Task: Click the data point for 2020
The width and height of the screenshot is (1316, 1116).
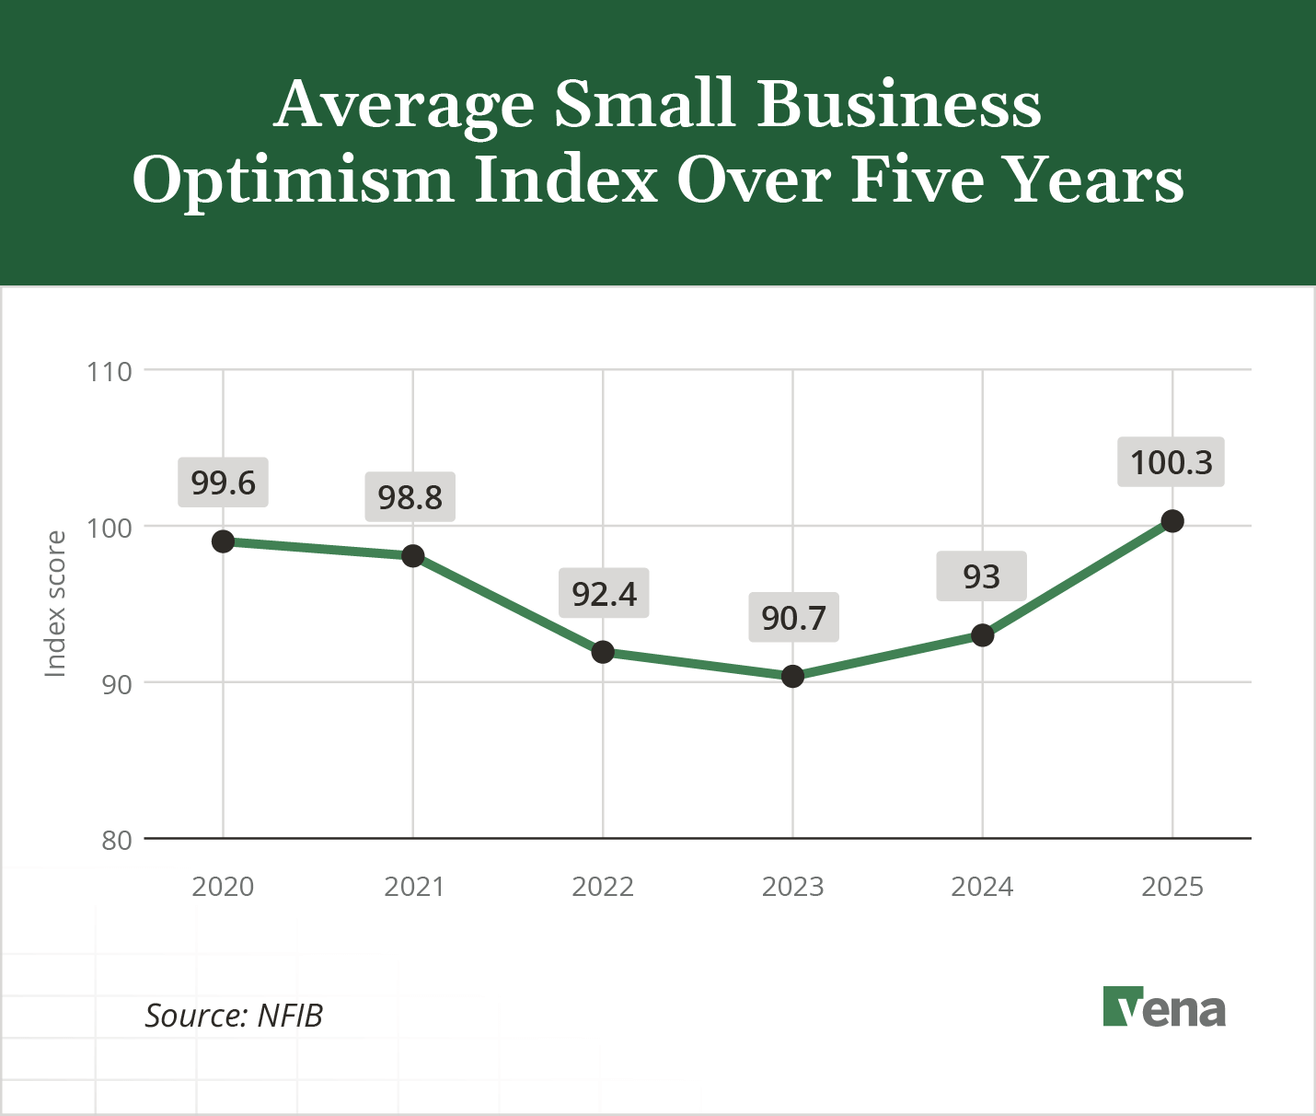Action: click(223, 541)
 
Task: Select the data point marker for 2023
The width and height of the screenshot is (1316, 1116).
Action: click(792, 677)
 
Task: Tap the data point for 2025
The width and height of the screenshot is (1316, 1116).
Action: click(1172, 521)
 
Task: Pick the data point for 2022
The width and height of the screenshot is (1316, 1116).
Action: click(603, 652)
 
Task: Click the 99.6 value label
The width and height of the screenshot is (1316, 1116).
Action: click(223, 482)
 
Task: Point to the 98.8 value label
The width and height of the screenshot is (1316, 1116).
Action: click(410, 497)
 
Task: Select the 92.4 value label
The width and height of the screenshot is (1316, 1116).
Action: click(604, 594)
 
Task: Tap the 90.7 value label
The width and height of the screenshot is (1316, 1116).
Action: click(793, 618)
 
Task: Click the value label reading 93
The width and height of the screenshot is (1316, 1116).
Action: click(981, 577)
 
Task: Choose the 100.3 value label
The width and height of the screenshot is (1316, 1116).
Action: click(1171, 462)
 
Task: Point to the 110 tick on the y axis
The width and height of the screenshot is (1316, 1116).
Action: click(110, 372)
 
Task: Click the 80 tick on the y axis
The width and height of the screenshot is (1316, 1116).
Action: click(117, 840)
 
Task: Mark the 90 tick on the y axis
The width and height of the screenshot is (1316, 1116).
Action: click(117, 684)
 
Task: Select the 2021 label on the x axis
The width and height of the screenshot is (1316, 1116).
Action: click(413, 887)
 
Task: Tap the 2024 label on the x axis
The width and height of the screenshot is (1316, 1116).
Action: click(982, 887)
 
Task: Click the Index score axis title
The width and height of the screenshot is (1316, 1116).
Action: click(56, 604)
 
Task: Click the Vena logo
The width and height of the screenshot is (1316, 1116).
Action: click(1164, 1007)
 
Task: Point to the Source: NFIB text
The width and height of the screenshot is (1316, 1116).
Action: click(234, 1016)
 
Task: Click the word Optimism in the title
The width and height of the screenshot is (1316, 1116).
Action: click(294, 180)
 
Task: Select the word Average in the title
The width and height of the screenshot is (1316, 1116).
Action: click(404, 105)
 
